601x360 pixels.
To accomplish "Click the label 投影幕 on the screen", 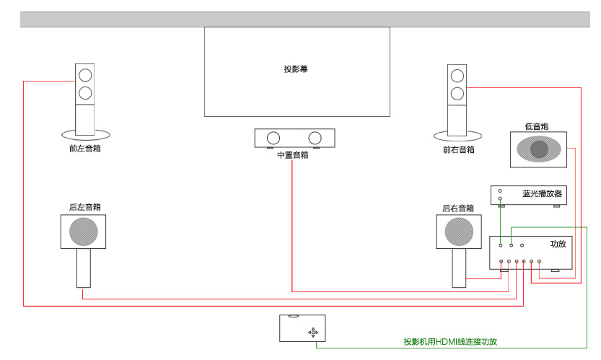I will tap(296, 69).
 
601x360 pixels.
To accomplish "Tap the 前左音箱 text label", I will tap(84, 149).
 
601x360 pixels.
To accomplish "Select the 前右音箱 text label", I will tap(459, 150).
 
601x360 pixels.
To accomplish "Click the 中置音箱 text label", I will tap(292, 155).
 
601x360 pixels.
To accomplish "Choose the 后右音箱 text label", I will tap(458, 208).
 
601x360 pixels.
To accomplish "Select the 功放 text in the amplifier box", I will tap(558, 244).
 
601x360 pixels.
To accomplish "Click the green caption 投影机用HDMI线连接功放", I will tap(450, 341).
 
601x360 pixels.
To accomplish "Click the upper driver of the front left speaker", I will tap(85, 74).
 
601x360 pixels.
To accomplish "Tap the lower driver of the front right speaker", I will tap(457, 93).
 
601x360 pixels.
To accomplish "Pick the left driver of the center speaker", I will tap(273, 138).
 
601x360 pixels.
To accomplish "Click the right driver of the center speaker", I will tap(315, 138).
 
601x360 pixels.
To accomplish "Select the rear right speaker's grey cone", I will tap(458, 232).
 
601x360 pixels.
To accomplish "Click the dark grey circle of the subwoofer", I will tap(539, 149).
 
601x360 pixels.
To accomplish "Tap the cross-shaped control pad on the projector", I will tap(313, 332).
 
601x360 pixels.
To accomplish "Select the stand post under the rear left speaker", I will tap(84, 268).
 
